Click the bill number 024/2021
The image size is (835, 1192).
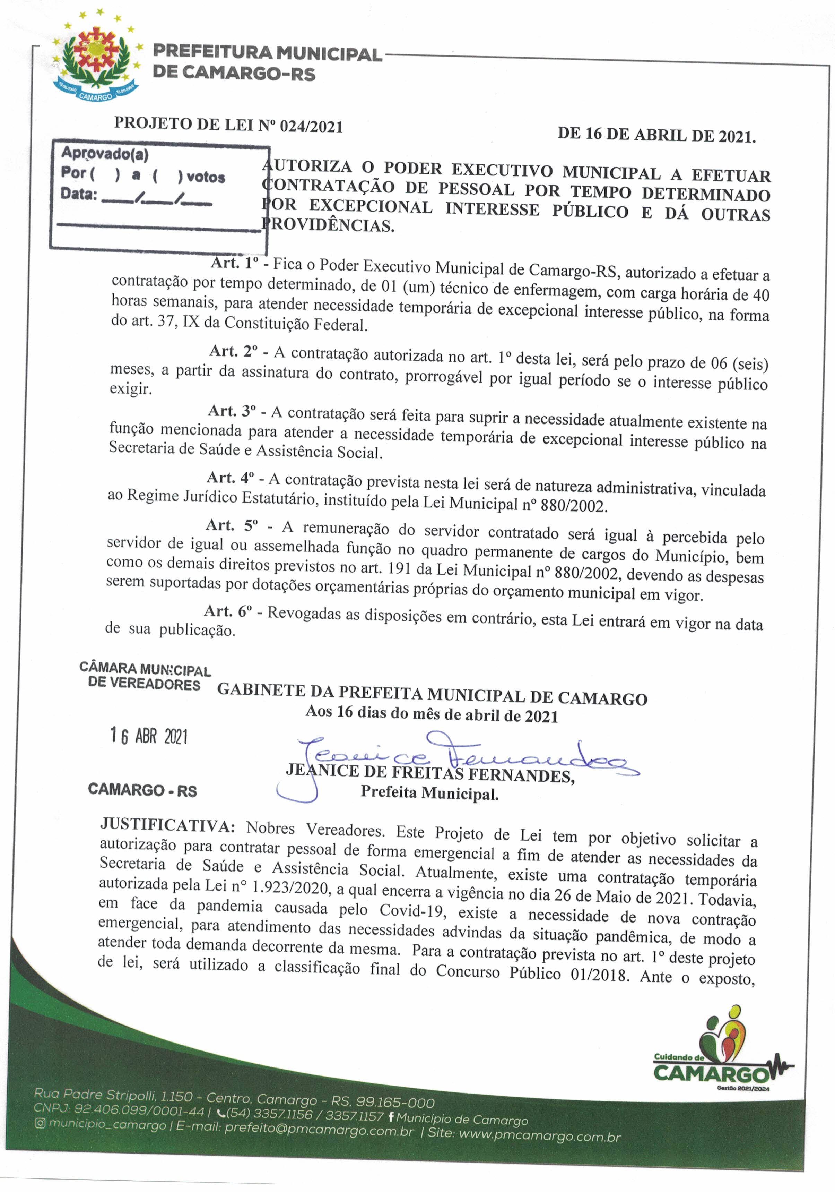311,126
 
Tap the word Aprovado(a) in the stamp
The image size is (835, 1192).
105,154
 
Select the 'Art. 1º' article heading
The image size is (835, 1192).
235,263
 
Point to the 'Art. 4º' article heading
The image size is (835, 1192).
231,478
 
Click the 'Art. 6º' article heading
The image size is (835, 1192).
228,611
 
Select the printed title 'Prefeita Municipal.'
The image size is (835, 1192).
430,793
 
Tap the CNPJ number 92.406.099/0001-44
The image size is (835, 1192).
139,1110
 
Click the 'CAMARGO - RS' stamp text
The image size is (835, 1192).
143,790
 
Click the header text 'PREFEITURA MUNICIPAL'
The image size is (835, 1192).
267,53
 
